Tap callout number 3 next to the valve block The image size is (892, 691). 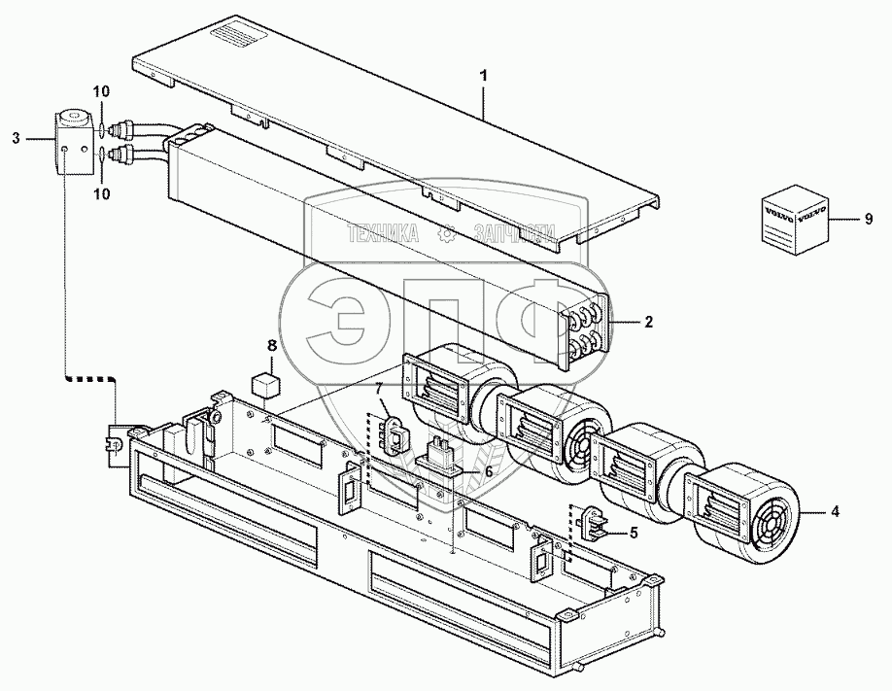pos(16,138)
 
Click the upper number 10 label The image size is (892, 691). pos(102,91)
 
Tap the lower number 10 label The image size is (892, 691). pos(102,193)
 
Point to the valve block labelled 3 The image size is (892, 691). pos(70,142)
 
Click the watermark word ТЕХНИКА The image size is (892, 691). pos(383,233)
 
